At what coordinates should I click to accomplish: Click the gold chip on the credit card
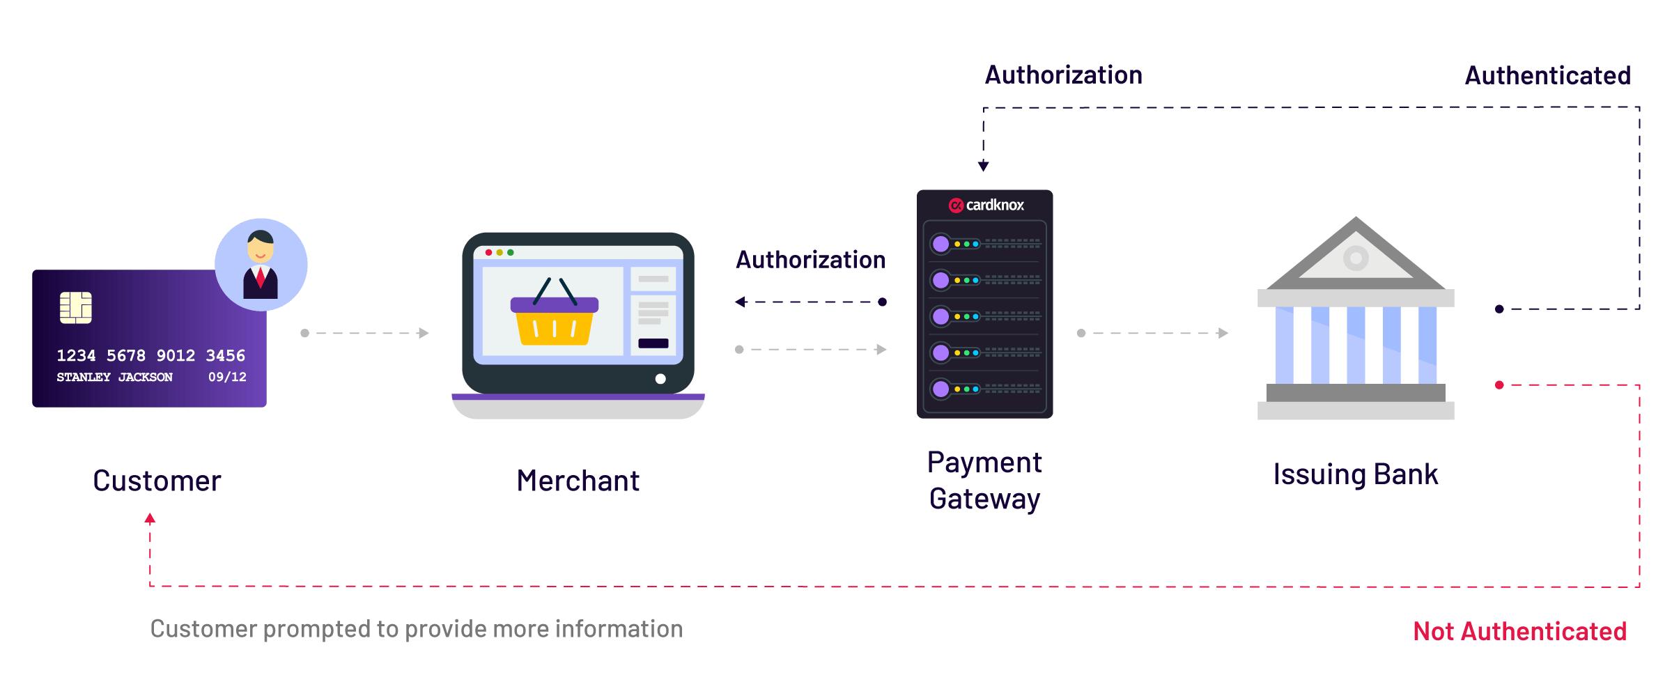76,307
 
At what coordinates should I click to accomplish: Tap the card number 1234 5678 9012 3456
151,356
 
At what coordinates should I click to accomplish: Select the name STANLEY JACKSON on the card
115,377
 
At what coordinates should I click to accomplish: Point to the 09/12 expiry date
227,377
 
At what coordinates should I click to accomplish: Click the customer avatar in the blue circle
261,265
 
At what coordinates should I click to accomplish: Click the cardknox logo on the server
986,205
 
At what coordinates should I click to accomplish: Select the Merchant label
578,481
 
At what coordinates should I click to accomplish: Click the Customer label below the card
157,481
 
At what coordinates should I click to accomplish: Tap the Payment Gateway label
985,481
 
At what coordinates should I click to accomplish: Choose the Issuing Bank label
1356,474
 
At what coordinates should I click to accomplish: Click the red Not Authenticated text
1520,631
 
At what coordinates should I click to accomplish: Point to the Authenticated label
1548,75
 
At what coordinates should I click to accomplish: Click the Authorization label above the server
1064,75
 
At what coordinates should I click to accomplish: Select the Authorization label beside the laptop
811,260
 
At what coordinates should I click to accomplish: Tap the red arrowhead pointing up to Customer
150,518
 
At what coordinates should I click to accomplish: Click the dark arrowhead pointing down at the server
984,166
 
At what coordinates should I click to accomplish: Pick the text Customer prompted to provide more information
417,629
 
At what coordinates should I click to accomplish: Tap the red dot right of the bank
1499,385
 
